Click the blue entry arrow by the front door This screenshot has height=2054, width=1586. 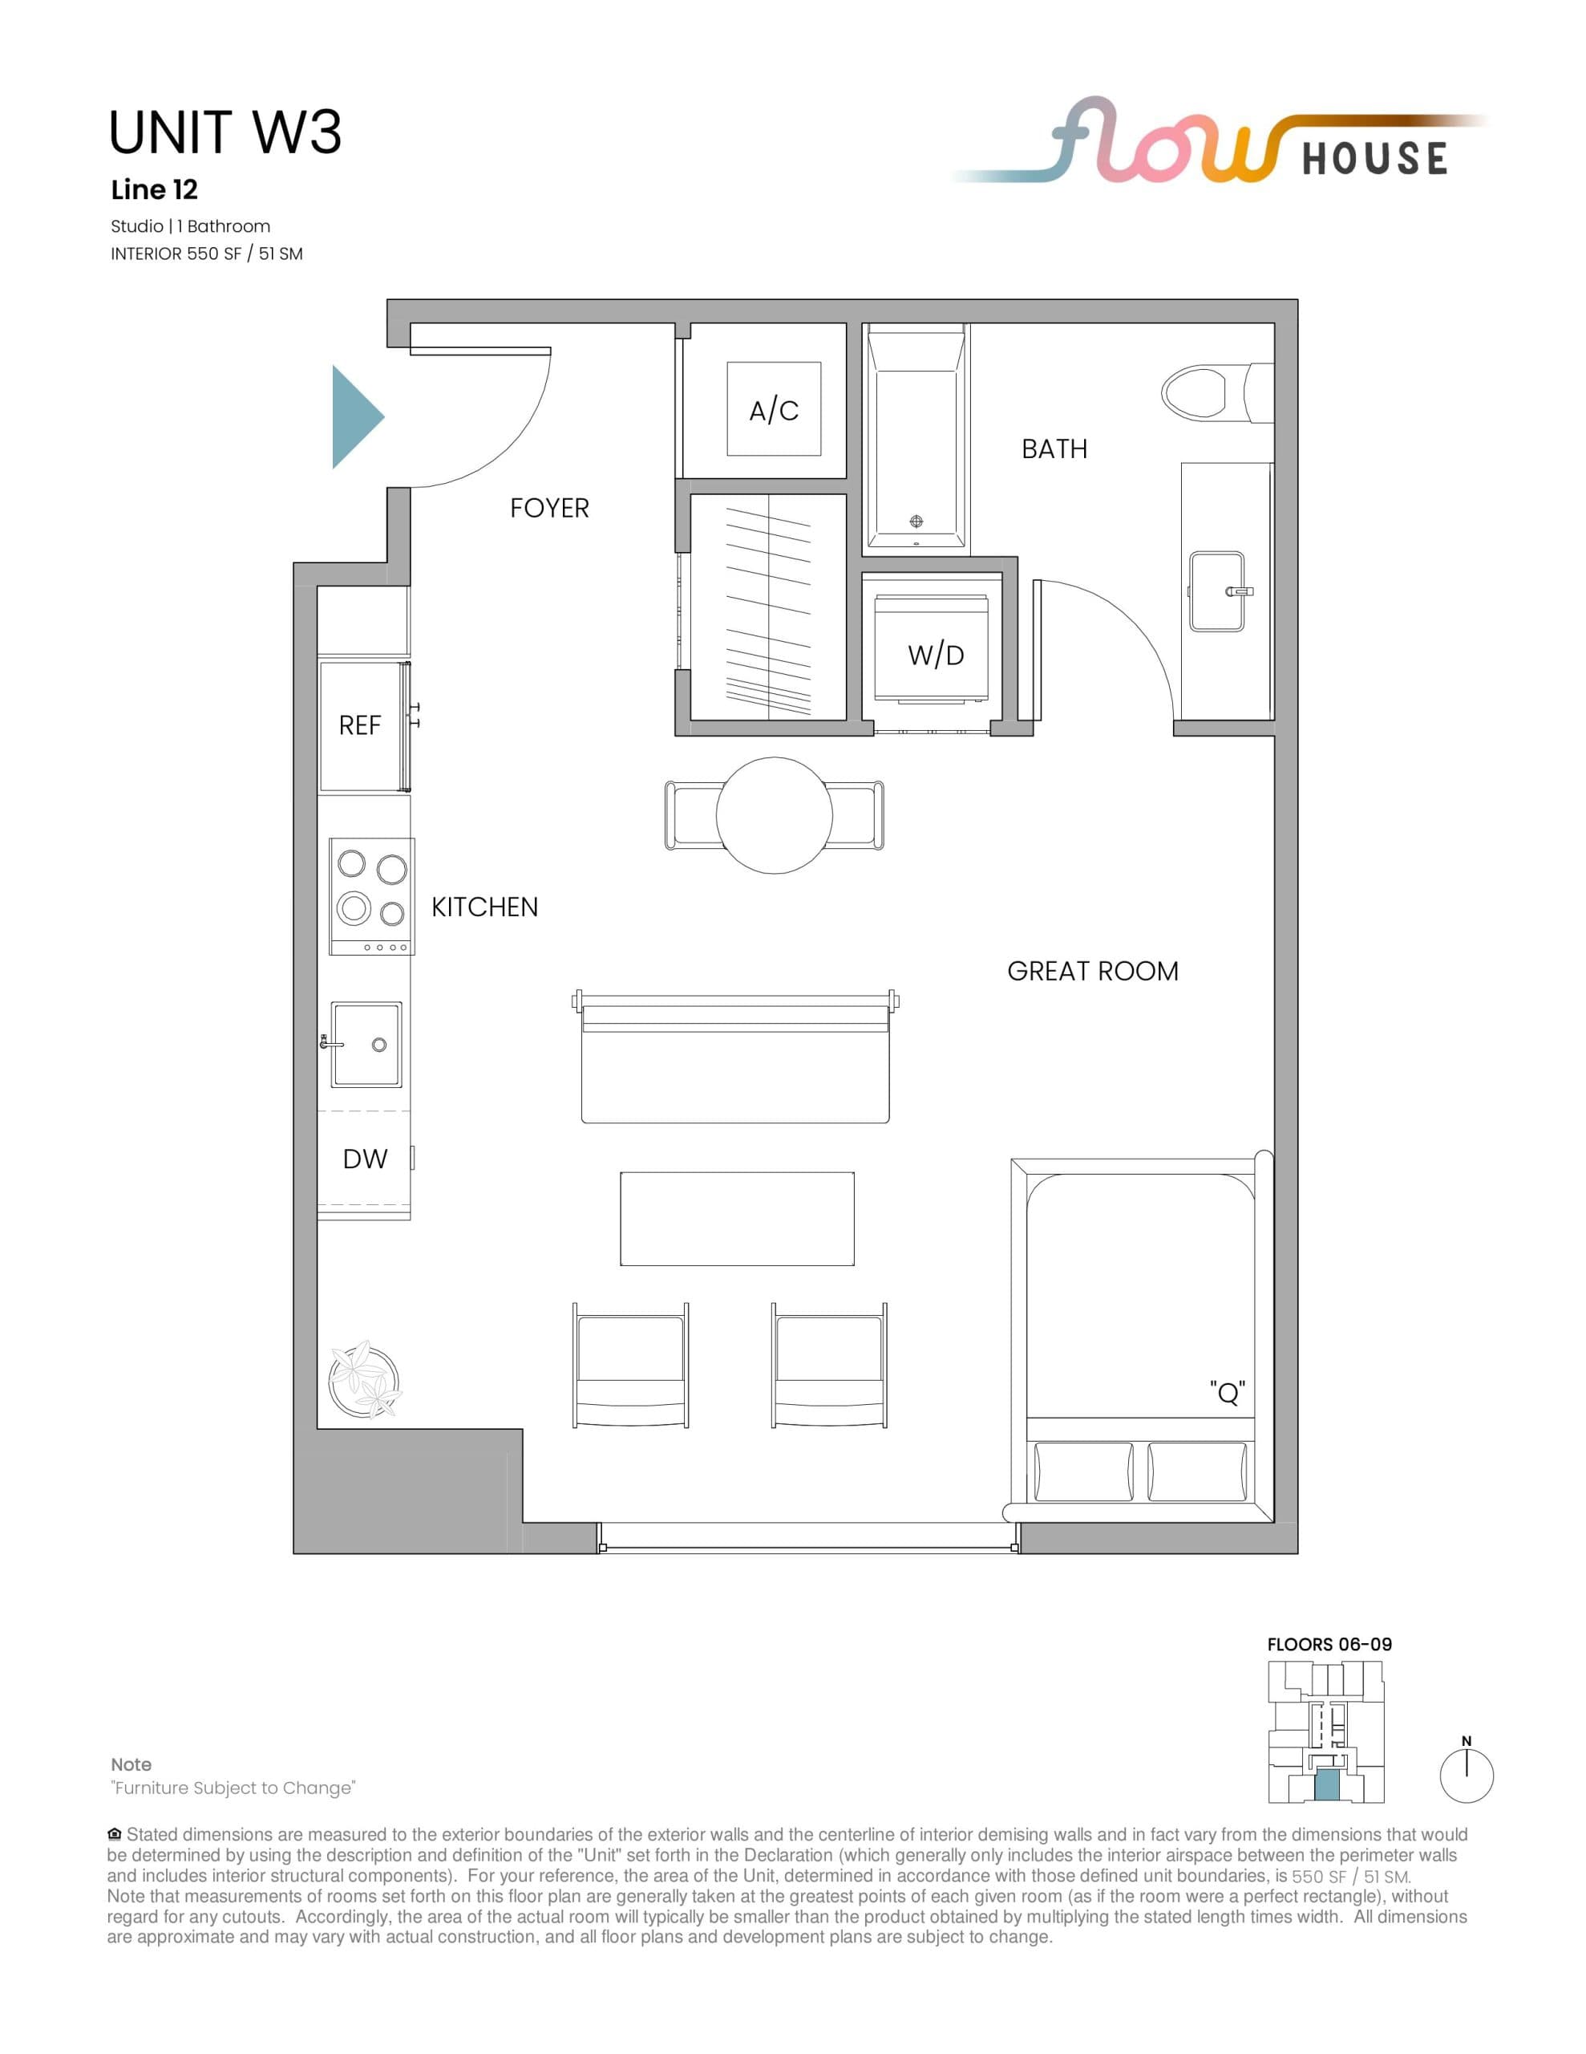(x=354, y=416)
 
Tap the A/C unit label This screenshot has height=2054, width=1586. (x=774, y=410)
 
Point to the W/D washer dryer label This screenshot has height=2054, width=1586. (x=936, y=656)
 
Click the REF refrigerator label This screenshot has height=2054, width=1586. (x=359, y=726)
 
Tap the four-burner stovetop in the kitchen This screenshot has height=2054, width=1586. (x=371, y=895)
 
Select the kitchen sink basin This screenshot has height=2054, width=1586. (x=366, y=1045)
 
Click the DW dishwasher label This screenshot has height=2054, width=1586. (x=365, y=1159)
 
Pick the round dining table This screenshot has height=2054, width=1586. (x=775, y=815)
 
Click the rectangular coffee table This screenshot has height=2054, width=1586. (x=737, y=1218)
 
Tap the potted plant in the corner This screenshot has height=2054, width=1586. (x=365, y=1381)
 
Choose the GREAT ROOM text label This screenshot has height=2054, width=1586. (x=1092, y=971)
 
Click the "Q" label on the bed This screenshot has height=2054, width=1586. (x=1227, y=1393)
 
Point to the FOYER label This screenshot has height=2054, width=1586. (x=549, y=508)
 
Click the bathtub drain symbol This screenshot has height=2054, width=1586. (x=916, y=521)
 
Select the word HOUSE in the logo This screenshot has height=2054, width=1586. (x=1374, y=159)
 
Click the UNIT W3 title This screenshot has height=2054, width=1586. (x=225, y=132)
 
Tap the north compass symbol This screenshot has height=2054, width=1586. (x=1467, y=1776)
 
